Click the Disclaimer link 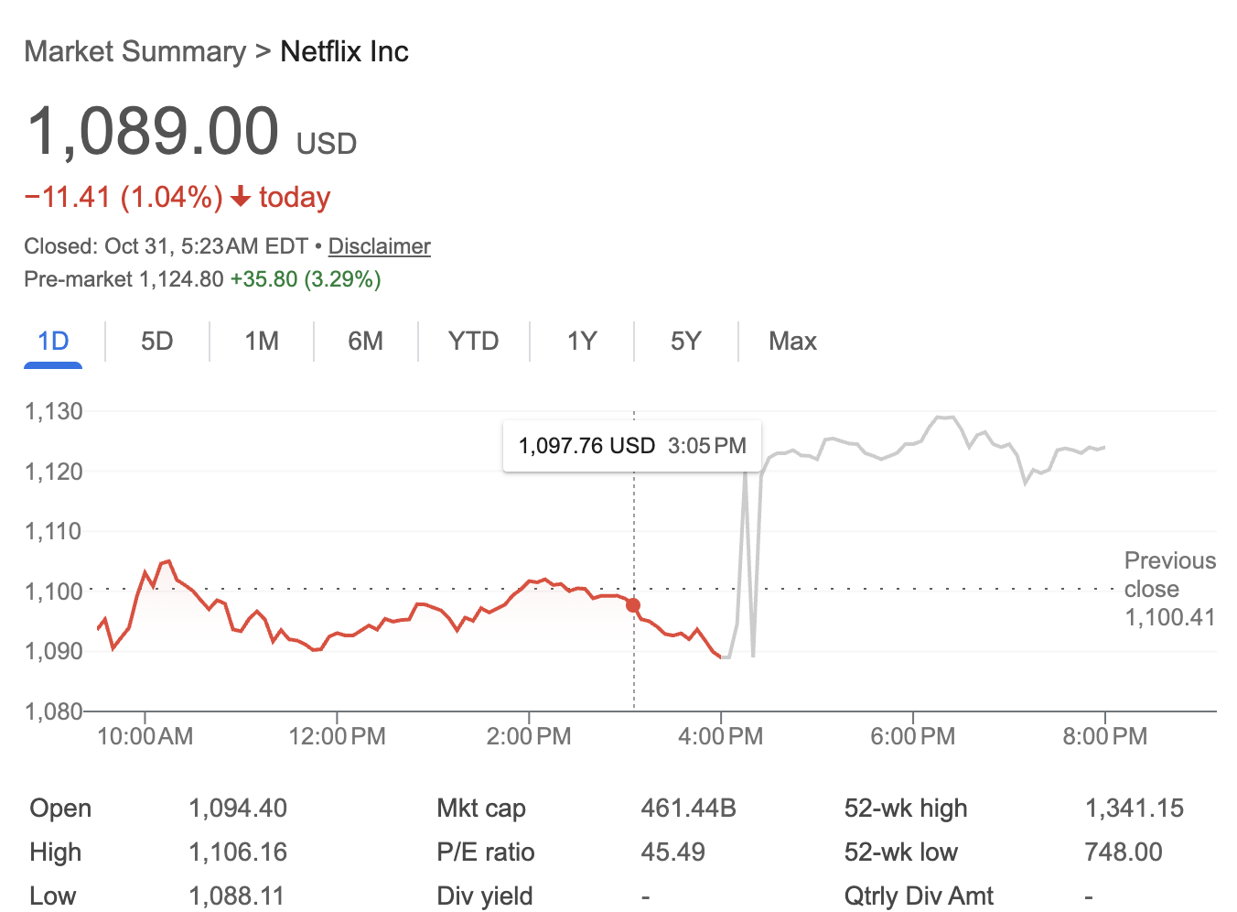pos(379,246)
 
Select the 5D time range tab pos(157,342)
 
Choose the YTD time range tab pos(473,342)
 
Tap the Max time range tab pos(792,342)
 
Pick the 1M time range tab pos(262,342)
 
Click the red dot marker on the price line pos(633,605)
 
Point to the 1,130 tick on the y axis pos(54,411)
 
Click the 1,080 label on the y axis pos(54,711)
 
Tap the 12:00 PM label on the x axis pos(337,736)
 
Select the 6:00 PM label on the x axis pos(912,736)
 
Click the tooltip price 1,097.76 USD pos(586,446)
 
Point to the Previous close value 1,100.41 pos(1169,617)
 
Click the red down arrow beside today pos(241,197)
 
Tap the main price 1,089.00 pos(153,131)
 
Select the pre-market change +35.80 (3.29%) pos(306,279)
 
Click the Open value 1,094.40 pos(238,809)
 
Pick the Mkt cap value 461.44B pos(688,809)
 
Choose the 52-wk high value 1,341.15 pos(1134,809)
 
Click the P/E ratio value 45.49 pos(672,852)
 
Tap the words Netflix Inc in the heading pos(344,52)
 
